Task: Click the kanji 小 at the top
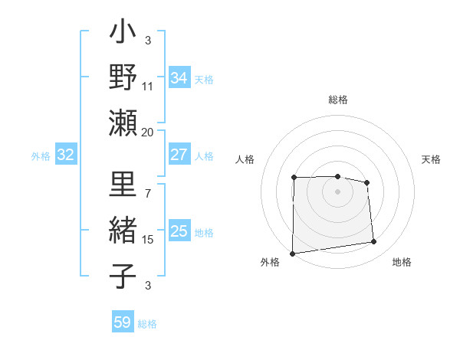123,35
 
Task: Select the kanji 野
123,79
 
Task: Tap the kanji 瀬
123,123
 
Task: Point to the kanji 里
123,186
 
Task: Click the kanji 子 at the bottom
123,275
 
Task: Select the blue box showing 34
179,78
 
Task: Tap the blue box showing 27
179,155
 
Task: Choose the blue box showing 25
179,231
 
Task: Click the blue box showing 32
66,155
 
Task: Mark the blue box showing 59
123,322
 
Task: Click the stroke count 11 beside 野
148,86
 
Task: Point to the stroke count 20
148,131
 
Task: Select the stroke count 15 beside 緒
148,240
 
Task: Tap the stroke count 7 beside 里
148,193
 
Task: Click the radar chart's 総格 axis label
338,100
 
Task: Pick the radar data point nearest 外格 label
292,254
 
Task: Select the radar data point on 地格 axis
374,242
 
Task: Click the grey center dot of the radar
337,191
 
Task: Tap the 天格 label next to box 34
204,79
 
